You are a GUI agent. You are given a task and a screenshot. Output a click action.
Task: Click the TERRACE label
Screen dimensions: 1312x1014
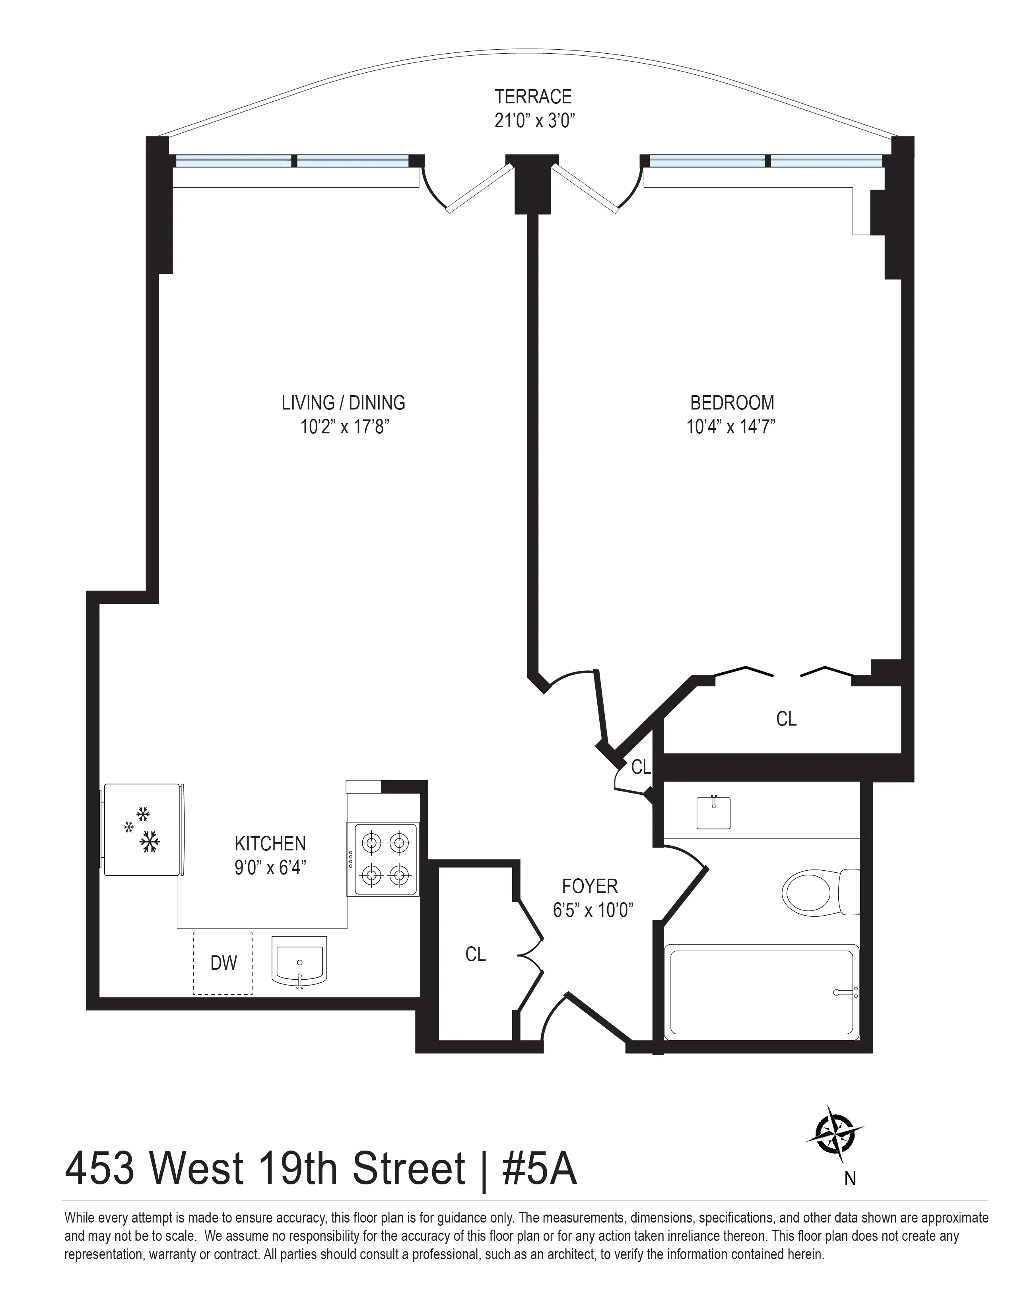pos(533,97)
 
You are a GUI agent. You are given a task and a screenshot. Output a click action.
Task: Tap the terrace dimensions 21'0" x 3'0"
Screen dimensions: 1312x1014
pos(533,121)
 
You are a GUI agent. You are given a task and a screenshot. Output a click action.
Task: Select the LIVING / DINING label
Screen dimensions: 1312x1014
pos(343,402)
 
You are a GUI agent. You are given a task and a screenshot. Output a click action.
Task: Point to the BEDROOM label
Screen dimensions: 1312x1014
pos(732,402)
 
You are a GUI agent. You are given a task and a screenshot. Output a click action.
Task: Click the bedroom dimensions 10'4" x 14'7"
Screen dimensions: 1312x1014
pos(731,427)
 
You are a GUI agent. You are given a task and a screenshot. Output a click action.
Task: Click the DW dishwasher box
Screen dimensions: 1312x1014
pos(223,963)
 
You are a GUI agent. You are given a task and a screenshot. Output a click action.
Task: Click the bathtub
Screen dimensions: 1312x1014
pos(762,991)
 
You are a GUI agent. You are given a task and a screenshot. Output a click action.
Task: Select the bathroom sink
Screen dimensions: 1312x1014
pos(714,812)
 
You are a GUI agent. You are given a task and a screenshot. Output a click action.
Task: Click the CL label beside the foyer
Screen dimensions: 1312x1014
pos(475,954)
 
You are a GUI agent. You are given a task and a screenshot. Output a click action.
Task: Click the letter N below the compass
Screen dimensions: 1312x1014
pos(849,1179)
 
